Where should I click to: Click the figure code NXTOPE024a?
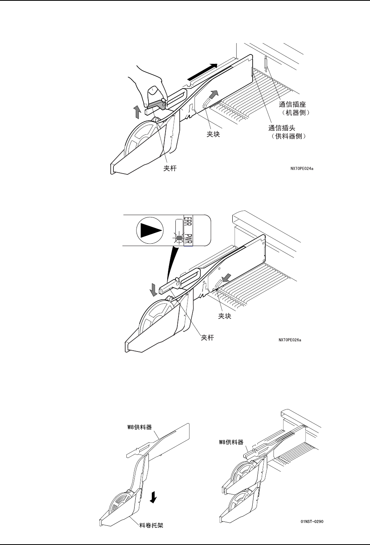302,169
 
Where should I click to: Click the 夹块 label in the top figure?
213,134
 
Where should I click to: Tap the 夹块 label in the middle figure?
225,316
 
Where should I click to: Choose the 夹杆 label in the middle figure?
208,337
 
